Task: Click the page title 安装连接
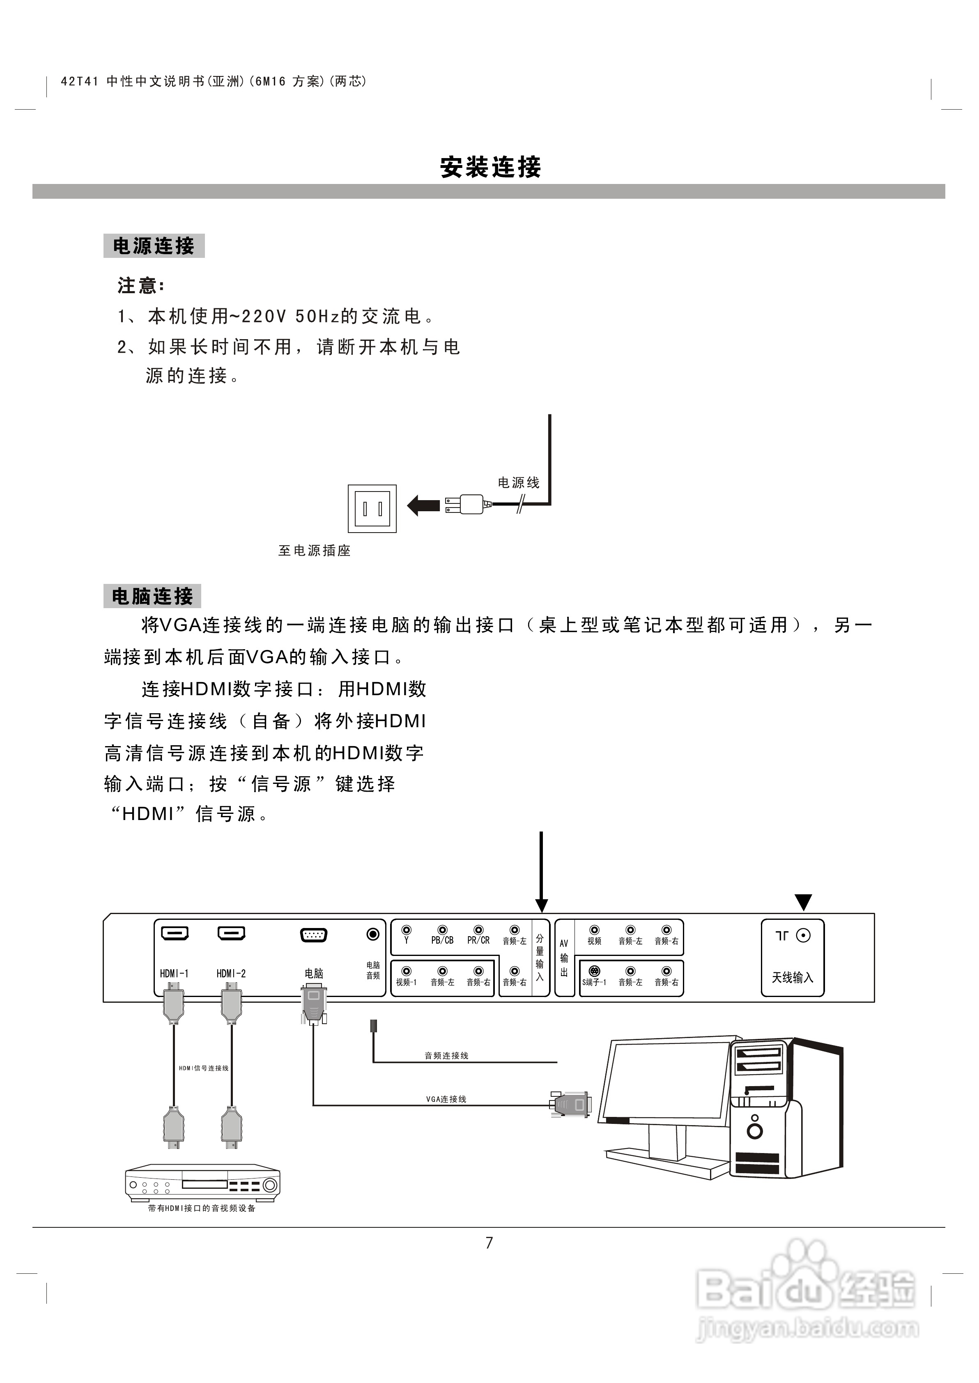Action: (490, 167)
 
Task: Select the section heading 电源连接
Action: (154, 246)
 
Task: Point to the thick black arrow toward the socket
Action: (423, 505)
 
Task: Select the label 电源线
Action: (518, 482)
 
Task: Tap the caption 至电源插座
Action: (314, 551)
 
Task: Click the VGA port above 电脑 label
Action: (313, 935)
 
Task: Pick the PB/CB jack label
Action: (442, 941)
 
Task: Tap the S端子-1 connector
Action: (594, 972)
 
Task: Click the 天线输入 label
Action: (792, 977)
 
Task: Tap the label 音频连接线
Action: (446, 1056)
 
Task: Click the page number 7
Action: (489, 1243)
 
